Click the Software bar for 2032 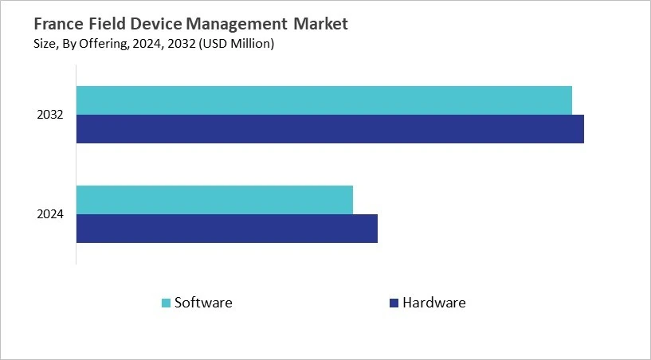click(324, 100)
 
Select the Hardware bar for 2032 click(330, 129)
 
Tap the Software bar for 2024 click(214, 200)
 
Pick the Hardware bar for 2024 click(227, 229)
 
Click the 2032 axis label click(50, 115)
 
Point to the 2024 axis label click(50, 214)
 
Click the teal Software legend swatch click(166, 303)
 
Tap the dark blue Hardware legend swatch click(394, 303)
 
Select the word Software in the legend click(203, 303)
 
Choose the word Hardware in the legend click(434, 303)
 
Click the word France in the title click(59, 24)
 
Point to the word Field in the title click(107, 24)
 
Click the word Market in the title click(320, 24)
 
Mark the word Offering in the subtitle click(104, 44)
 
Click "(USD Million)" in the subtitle click(237, 44)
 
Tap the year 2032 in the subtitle click(182, 44)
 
